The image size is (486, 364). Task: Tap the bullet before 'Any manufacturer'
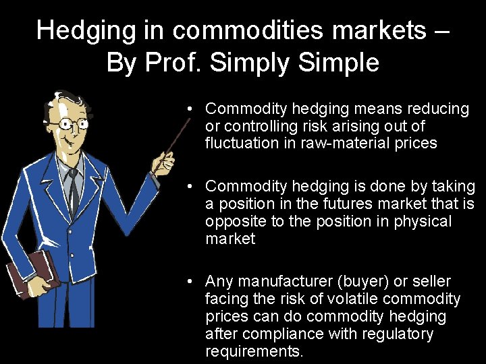(x=192, y=281)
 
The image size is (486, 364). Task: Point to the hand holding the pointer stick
(x=163, y=162)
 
